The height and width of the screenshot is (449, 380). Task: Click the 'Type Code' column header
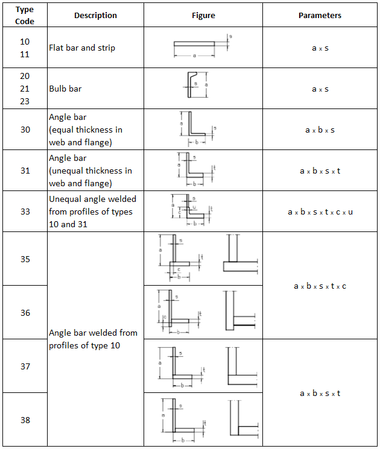[x=25, y=16]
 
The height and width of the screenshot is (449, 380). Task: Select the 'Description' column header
[x=95, y=16]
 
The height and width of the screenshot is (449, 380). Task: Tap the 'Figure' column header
[x=203, y=16]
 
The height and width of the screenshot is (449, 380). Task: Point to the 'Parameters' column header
[x=320, y=16]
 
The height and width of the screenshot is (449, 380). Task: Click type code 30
[x=25, y=130]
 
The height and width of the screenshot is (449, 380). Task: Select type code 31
[x=25, y=171]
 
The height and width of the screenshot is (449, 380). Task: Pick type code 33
[x=25, y=212]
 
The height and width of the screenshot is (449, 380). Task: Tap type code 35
[x=25, y=259]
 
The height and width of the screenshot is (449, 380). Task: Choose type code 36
[x=25, y=313]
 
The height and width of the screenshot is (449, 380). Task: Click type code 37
[x=25, y=366]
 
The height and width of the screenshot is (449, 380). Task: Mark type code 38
[x=25, y=420]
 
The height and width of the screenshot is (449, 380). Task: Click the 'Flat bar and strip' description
[x=82, y=48]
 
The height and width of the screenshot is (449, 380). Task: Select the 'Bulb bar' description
[x=65, y=89]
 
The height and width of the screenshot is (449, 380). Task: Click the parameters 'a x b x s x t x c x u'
[x=320, y=212]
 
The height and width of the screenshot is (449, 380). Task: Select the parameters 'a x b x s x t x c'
[x=320, y=286]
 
